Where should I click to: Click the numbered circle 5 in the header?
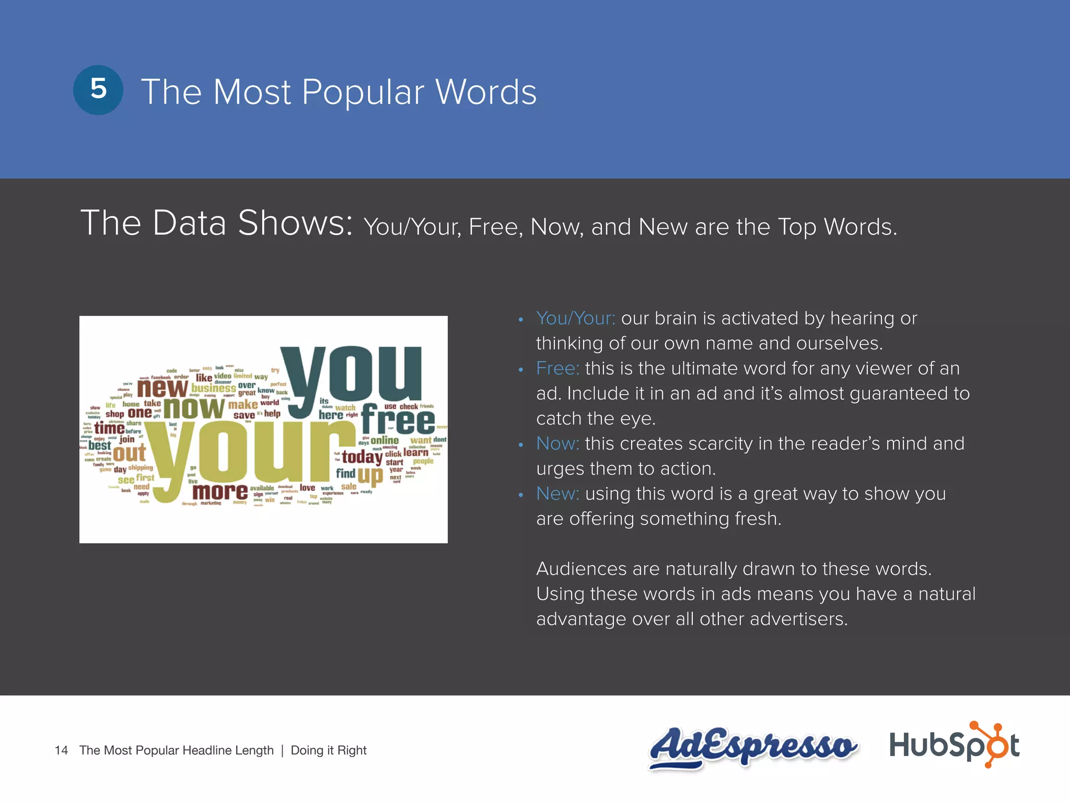98,90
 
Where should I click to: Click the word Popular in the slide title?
363,93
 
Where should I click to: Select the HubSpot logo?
954,745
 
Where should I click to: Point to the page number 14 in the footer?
61,750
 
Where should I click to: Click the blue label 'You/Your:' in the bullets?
575,318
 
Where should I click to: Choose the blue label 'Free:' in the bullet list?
557,368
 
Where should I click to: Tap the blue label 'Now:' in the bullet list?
557,443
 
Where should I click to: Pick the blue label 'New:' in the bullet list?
557,493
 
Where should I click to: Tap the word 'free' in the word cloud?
398,420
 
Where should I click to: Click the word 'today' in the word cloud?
362,457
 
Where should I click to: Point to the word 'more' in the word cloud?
220,491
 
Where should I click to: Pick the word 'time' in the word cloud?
109,429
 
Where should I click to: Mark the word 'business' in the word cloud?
213,388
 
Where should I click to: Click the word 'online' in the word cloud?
385,440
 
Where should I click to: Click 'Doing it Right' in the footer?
329,750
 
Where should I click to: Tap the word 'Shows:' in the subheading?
295,223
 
